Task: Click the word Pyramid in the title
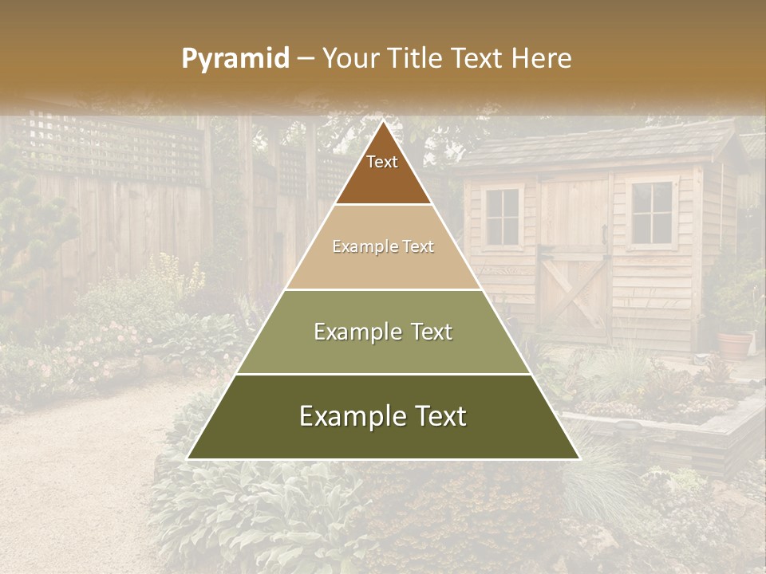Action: point(235,59)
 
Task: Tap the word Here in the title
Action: point(543,59)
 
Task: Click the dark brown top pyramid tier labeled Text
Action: point(382,171)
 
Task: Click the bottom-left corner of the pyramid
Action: point(188,458)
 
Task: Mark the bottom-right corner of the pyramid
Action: point(578,458)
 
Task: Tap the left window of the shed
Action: point(502,216)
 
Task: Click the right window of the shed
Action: point(651,213)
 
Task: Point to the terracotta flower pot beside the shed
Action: point(735,344)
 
